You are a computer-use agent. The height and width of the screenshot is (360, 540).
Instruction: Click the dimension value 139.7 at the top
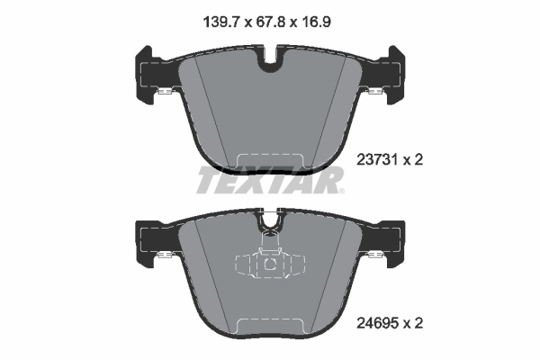221,22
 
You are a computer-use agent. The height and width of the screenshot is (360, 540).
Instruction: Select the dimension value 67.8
271,22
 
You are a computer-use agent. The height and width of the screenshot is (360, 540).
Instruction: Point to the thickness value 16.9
316,22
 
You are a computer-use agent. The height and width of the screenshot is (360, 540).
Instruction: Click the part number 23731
377,160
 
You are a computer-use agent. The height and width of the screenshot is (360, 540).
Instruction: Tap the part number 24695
377,323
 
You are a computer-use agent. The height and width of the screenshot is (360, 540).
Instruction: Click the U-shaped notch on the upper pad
270,60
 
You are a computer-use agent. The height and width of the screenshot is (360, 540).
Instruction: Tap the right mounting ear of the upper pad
392,75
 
